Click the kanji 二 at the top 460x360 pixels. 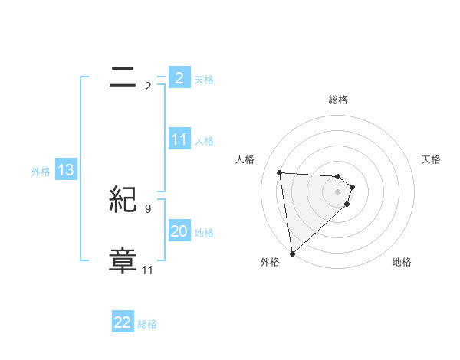coord(123,77)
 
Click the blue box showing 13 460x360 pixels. coord(66,171)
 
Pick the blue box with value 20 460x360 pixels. coord(179,231)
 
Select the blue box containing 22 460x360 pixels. coord(123,322)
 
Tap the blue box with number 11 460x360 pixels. coord(179,139)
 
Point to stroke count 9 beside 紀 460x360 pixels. coord(147,208)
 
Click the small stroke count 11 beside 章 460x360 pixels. coord(147,270)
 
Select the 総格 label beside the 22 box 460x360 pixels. coord(147,324)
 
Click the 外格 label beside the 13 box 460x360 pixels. coord(41,172)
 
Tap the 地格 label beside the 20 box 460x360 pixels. coord(204,233)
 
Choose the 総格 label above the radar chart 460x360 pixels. coord(338,100)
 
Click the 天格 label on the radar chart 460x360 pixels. coord(432,159)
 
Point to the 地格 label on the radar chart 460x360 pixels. coord(402,262)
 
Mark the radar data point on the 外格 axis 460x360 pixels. coord(292,254)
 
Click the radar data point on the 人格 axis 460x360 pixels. coord(280,172)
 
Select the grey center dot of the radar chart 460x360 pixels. coord(338,191)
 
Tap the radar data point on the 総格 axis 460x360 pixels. coord(338,177)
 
